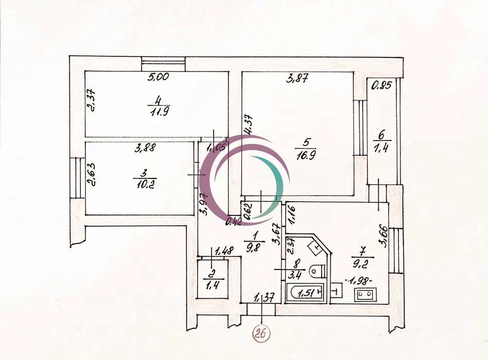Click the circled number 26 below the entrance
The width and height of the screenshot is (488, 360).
[261, 334]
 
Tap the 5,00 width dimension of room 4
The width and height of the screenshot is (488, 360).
[158, 77]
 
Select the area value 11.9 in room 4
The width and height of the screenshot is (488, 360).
[160, 111]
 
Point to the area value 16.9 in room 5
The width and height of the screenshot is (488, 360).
[306, 154]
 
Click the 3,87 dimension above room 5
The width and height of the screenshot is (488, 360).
[297, 79]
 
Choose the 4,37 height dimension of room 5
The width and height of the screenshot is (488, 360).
[249, 124]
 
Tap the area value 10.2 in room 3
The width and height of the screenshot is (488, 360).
[145, 184]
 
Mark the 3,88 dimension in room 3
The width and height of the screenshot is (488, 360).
[145, 148]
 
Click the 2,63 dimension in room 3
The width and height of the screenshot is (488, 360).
[92, 174]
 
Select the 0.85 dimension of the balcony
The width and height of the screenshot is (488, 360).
[381, 85]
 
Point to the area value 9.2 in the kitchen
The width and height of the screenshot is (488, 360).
[361, 264]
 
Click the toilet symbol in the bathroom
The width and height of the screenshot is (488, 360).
[318, 271]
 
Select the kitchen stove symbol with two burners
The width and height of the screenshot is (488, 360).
[365, 294]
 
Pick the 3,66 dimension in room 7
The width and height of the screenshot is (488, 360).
[384, 236]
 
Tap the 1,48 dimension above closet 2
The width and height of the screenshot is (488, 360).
[224, 250]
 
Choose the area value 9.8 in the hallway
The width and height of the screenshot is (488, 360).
[254, 248]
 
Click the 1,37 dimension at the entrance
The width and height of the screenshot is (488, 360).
[264, 298]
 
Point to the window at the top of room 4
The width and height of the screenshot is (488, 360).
[163, 64]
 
